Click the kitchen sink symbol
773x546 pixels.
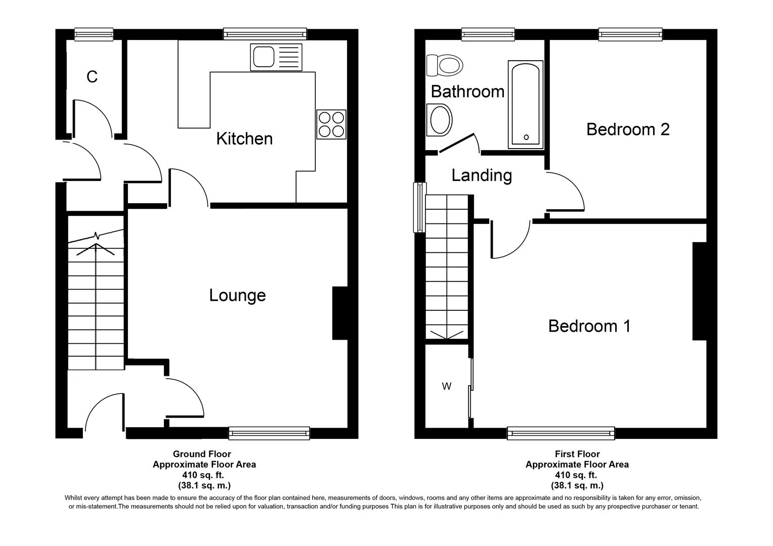tap(275, 57)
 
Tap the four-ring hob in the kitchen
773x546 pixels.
tap(331, 124)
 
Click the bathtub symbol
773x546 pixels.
tap(526, 105)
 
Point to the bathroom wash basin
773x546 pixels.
tap(439, 120)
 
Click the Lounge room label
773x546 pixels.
tap(237, 295)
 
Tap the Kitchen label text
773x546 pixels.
tap(244, 139)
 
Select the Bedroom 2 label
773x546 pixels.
tap(628, 129)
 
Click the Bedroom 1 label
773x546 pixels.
tap(589, 326)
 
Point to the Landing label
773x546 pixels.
tap(482, 175)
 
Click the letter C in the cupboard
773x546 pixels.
tap(92, 77)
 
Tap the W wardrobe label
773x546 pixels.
tap(447, 387)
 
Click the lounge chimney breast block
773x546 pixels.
tap(340, 313)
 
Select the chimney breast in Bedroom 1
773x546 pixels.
tap(699, 291)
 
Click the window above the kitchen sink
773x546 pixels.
tap(266, 34)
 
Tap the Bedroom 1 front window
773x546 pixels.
tap(561, 433)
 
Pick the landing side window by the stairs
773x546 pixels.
tap(419, 207)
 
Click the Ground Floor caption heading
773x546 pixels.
tap(202, 454)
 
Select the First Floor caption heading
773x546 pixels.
tap(577, 454)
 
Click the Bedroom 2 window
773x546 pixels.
tap(630, 34)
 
